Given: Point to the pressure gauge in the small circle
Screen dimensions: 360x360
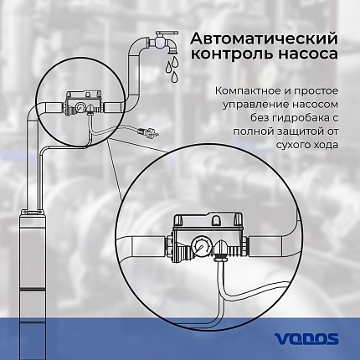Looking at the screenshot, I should click(81, 108).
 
